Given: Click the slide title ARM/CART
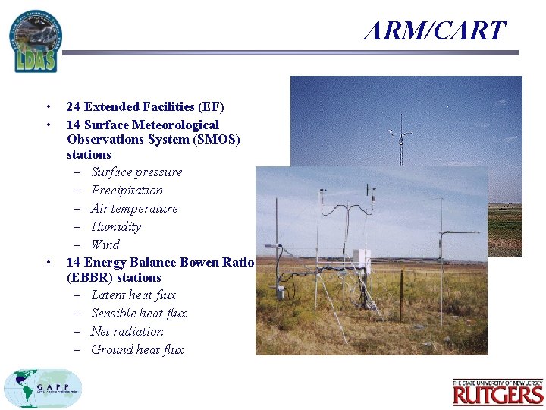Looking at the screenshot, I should click(x=434, y=30).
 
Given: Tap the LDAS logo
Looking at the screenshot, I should click(x=35, y=42).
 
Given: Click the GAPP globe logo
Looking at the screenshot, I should click(x=42, y=388).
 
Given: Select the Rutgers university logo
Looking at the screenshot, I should click(x=497, y=393).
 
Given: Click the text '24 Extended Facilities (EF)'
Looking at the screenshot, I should click(x=145, y=107).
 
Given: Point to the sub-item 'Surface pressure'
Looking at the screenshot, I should click(x=136, y=172).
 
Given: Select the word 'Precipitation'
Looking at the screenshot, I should click(x=127, y=191).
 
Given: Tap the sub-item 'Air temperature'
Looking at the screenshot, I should click(x=134, y=209).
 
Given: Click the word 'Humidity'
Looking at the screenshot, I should click(x=116, y=227).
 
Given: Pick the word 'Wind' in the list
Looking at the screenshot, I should click(x=105, y=244).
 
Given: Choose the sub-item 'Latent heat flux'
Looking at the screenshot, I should click(x=133, y=295).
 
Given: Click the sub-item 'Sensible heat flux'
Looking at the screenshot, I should click(x=139, y=314).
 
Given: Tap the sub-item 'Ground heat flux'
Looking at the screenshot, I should click(x=137, y=350).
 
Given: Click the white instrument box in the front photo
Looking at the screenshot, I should click(x=362, y=260).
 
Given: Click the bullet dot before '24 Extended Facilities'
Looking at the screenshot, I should click(x=48, y=107).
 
